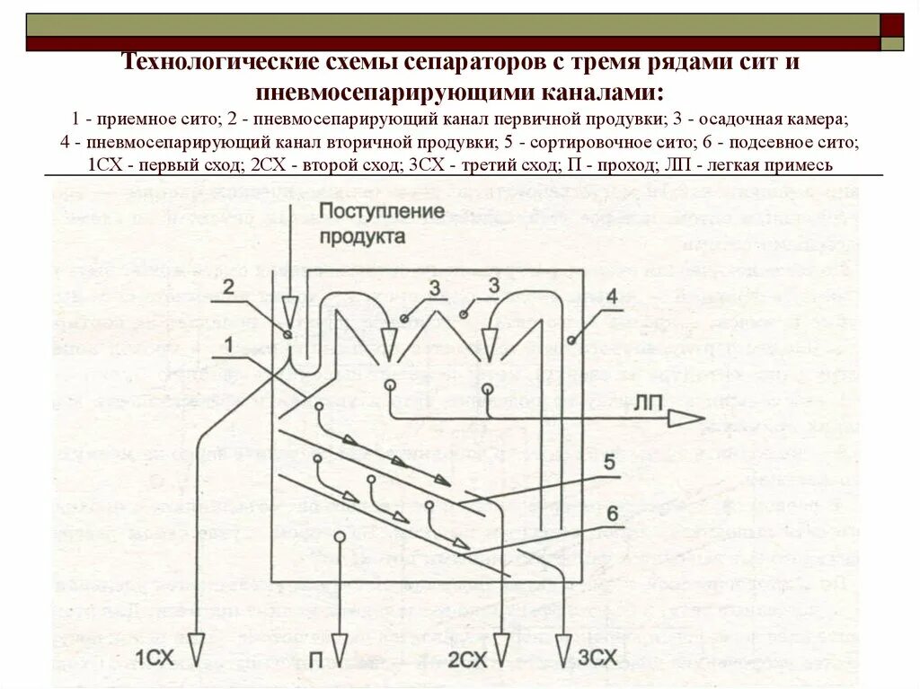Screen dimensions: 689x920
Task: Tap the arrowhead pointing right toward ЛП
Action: [x=689, y=417]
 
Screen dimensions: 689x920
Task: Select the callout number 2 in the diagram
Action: [x=228, y=287]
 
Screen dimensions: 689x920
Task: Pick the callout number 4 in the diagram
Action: [x=611, y=296]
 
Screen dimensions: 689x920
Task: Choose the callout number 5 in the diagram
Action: [x=608, y=464]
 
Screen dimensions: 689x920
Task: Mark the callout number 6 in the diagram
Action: [x=611, y=514]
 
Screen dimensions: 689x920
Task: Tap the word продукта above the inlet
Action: [x=360, y=237]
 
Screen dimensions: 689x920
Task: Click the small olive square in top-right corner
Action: [x=893, y=43]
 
